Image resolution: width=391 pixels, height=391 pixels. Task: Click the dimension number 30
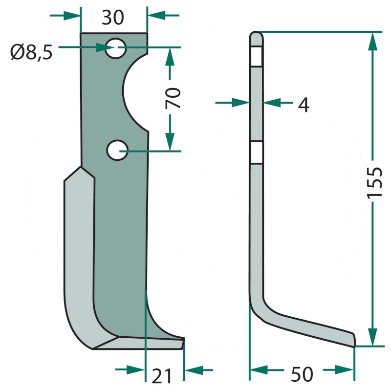[x=113, y=18]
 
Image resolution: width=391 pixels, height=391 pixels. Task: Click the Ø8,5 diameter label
[x=31, y=52]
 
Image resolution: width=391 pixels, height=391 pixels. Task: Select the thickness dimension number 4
[x=304, y=105]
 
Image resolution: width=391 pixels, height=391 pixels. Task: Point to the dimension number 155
[x=375, y=183]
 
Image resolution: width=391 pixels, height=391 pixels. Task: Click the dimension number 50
[x=302, y=374]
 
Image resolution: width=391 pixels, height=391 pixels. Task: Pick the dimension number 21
[x=162, y=376]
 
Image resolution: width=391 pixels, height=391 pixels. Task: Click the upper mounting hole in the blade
[x=115, y=48]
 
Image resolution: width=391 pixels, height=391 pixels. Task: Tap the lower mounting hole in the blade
[x=117, y=150]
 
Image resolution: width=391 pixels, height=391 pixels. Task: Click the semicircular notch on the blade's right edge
[x=135, y=92]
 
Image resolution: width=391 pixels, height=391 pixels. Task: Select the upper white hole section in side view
[x=256, y=56]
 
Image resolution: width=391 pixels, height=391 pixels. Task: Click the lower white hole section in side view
[x=256, y=152]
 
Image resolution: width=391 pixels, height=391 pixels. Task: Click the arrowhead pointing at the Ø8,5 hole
[x=105, y=47]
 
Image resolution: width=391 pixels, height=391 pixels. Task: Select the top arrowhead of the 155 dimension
[x=372, y=42]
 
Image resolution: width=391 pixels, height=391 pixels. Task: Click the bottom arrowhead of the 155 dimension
[x=372, y=337]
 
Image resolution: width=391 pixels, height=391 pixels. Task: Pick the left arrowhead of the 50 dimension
[x=259, y=370]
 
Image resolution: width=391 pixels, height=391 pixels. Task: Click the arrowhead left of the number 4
[x=241, y=102]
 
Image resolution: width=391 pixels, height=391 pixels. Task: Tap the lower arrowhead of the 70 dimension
[x=170, y=142]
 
